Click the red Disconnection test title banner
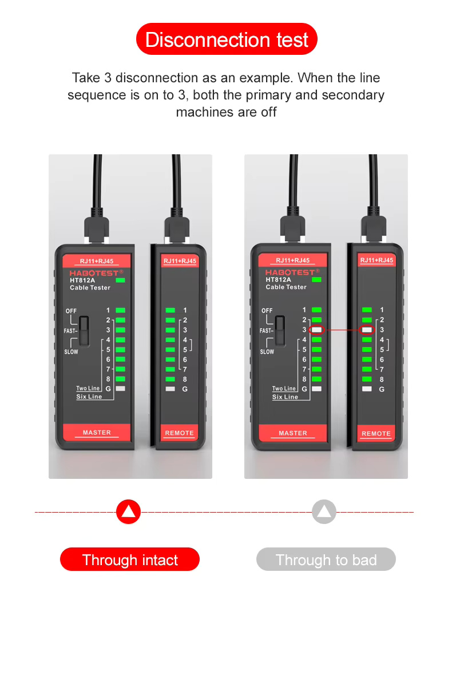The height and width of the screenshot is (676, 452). coord(226,39)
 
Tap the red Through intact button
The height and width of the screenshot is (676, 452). coord(130,559)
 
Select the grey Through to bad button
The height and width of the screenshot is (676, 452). coord(326,559)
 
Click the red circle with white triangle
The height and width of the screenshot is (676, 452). coord(128,511)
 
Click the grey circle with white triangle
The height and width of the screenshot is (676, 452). coord(324,511)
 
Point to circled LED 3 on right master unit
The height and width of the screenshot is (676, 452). coord(317,330)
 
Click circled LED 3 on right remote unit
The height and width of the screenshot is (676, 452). coord(367,330)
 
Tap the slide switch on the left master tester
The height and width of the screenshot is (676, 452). coord(84,331)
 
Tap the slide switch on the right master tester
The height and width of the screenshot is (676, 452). coord(280,331)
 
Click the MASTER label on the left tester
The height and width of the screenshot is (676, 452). coord(97,433)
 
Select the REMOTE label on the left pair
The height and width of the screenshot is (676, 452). coord(179,433)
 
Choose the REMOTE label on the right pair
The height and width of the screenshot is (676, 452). coord(376,434)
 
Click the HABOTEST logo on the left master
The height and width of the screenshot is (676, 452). coord(96,273)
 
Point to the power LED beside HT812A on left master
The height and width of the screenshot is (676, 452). coord(120,281)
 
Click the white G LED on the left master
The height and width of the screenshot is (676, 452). coord(120,389)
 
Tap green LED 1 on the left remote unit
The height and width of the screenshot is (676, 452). coord(170,310)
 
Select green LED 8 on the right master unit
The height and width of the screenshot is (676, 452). coord(317,379)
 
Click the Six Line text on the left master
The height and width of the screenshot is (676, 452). coord(89,397)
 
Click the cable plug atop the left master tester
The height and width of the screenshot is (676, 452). coord(96,226)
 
